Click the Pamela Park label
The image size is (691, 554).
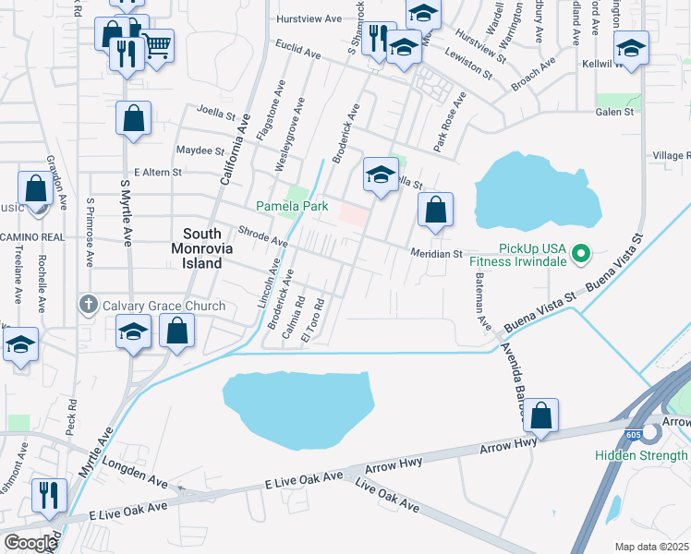pyautogui.click(x=292, y=207)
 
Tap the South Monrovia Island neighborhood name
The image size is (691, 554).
pyautogui.click(x=201, y=249)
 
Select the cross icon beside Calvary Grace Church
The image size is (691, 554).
pyautogui.click(x=89, y=306)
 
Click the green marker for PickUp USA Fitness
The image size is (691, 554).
pyautogui.click(x=579, y=252)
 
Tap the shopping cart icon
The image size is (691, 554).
pyautogui.click(x=157, y=43)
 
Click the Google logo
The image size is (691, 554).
pyautogui.click(x=30, y=543)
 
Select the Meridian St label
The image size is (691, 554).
pyautogui.click(x=436, y=253)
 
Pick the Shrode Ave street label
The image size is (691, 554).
pyautogui.click(x=264, y=238)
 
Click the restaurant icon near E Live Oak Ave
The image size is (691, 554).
pyautogui.click(x=46, y=494)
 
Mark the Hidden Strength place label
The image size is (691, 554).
pyautogui.click(x=641, y=455)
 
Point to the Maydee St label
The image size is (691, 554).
pyautogui.click(x=200, y=151)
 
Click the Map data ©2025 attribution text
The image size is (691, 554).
pyautogui.click(x=652, y=547)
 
